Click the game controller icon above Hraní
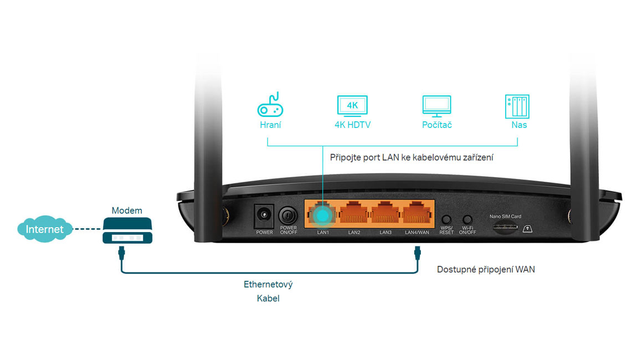[270, 105]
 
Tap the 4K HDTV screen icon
[352, 106]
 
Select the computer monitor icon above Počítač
[436, 106]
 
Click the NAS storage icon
[516, 106]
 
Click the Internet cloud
[44, 229]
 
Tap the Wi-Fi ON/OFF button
[469, 220]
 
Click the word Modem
[127, 210]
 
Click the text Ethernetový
[268, 285]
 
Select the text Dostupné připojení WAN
[486, 270]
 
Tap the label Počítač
[436, 125]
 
